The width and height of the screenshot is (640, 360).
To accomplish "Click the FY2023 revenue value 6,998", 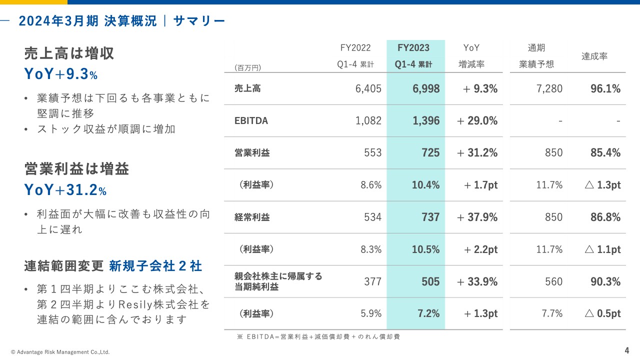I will (426, 89).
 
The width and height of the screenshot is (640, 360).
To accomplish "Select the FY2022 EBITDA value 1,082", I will (368, 120).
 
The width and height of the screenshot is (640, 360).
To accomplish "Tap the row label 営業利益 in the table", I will (252, 153).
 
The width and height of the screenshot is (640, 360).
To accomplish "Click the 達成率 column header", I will (594, 56).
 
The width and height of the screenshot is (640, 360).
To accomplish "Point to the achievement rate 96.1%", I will (605, 89).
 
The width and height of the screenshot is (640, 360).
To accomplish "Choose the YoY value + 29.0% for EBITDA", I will (477, 120).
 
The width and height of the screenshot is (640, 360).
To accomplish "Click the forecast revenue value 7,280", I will (549, 89).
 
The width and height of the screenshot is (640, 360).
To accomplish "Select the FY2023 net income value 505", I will (430, 281).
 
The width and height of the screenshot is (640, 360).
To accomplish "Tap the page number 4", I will (626, 349).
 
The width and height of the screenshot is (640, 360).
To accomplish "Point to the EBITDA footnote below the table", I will (318, 337).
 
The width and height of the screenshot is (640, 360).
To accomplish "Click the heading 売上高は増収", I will (69, 53).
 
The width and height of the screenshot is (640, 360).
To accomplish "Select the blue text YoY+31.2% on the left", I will (65, 190).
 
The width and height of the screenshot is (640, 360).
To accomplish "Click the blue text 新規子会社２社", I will (155, 266).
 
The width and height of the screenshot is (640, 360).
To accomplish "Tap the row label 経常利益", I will (252, 217).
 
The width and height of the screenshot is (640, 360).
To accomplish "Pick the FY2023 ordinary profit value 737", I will (430, 217).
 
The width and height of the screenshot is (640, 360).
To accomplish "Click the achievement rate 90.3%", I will (605, 281).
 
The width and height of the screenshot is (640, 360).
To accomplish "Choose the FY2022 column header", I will (355, 48).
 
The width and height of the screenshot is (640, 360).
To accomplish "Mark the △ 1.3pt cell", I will (602, 185).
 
